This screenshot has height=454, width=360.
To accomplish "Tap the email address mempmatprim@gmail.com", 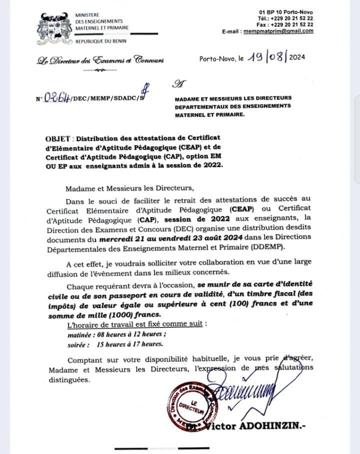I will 278,31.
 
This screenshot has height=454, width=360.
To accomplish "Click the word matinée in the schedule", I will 80,334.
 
